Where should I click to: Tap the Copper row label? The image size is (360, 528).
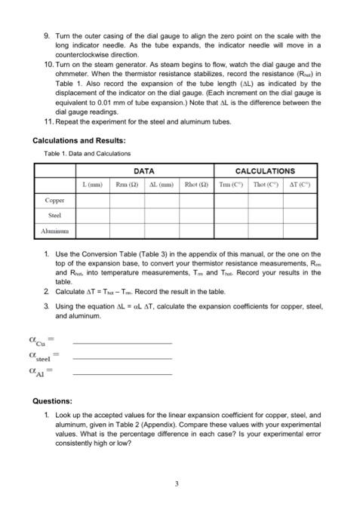coord(55,201)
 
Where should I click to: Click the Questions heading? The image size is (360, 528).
coord(52,401)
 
